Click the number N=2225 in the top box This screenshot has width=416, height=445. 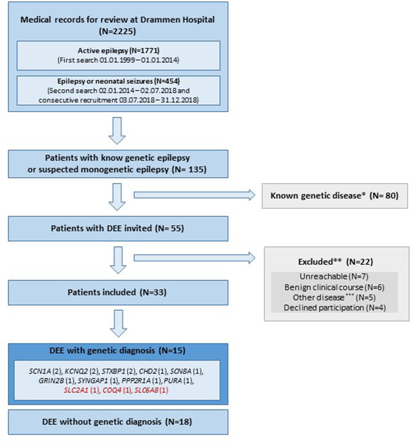pyautogui.click(x=117, y=31)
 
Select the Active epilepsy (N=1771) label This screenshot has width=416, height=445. pyautogui.click(x=118, y=51)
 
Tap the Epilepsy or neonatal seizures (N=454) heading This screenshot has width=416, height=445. pyautogui.click(x=118, y=81)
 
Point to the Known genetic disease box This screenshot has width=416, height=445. pyautogui.click(x=334, y=196)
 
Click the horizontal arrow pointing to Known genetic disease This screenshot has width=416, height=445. pyautogui.click(x=194, y=195)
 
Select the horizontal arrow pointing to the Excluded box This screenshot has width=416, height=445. pyautogui.click(x=194, y=258)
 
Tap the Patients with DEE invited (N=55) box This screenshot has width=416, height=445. pyautogui.click(x=118, y=228)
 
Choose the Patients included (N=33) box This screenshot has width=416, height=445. pyautogui.click(x=118, y=293)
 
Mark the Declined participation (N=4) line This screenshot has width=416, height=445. pyautogui.click(x=334, y=308)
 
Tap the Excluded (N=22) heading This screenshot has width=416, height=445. pyautogui.click(x=336, y=262)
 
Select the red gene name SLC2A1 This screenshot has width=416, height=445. pyautogui.click(x=76, y=391)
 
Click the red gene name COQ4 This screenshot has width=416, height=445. pyautogui.click(x=112, y=391)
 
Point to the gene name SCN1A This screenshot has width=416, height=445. pyautogui.click(x=40, y=371)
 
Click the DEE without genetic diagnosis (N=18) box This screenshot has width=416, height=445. pyautogui.click(x=118, y=422)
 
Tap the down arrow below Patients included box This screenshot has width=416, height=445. pyautogui.click(x=118, y=323)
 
